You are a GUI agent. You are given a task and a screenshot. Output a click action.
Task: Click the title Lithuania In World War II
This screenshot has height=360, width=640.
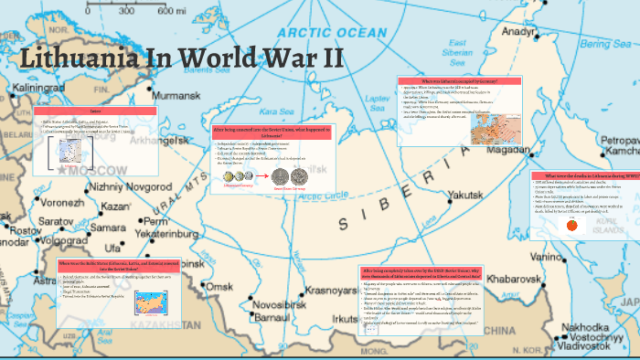(181, 58)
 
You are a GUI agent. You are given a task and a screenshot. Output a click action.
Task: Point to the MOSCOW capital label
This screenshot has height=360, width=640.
(85, 170)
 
